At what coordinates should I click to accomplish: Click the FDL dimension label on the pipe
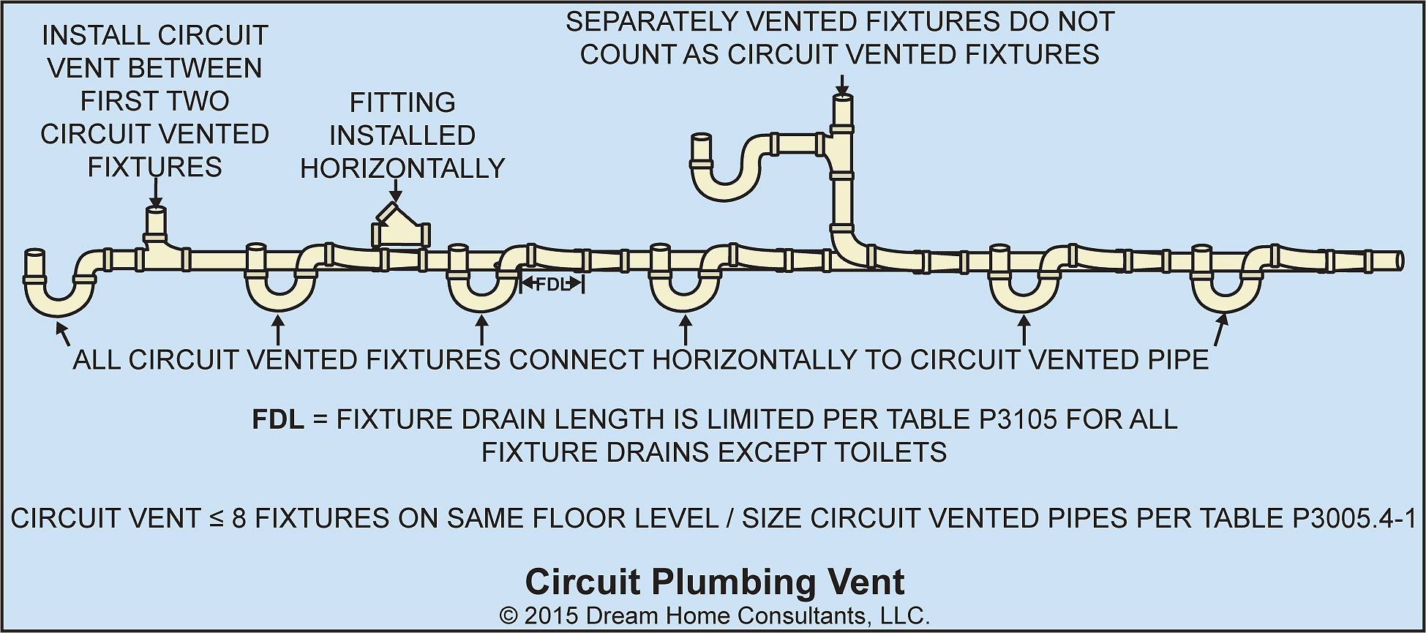pyautogui.click(x=552, y=285)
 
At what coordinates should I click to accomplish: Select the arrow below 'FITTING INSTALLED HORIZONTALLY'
pyautogui.click(x=396, y=191)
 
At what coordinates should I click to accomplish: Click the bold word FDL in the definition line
pyautogui.click(x=277, y=419)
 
